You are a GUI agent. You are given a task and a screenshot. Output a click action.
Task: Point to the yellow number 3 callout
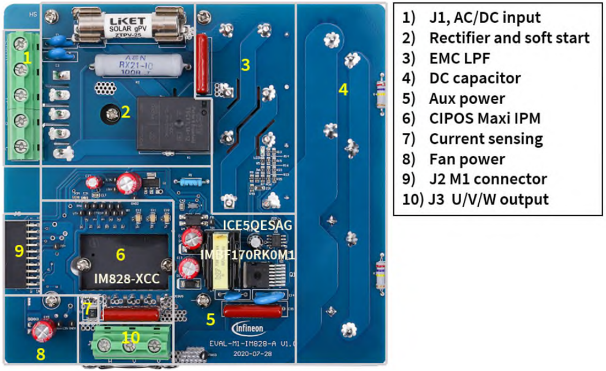click(246, 65)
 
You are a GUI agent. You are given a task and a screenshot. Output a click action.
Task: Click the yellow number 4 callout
click(343, 89)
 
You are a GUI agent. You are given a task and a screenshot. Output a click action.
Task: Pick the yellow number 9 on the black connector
click(19, 251)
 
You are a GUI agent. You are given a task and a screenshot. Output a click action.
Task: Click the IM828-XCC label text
click(128, 279)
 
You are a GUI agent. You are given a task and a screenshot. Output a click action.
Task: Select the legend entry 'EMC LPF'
click(459, 58)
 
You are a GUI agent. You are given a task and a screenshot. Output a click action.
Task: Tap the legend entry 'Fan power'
click(467, 159)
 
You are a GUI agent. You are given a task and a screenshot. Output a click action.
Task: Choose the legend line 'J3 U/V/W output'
click(488, 199)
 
